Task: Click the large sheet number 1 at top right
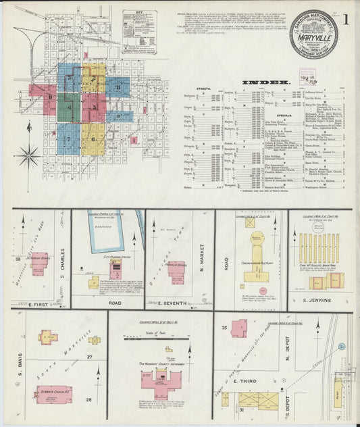(x=345, y=19)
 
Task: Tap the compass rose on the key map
(x=29, y=157)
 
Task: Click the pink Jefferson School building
(x=39, y=263)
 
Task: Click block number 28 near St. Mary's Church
(x=88, y=400)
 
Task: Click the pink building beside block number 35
(x=238, y=328)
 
